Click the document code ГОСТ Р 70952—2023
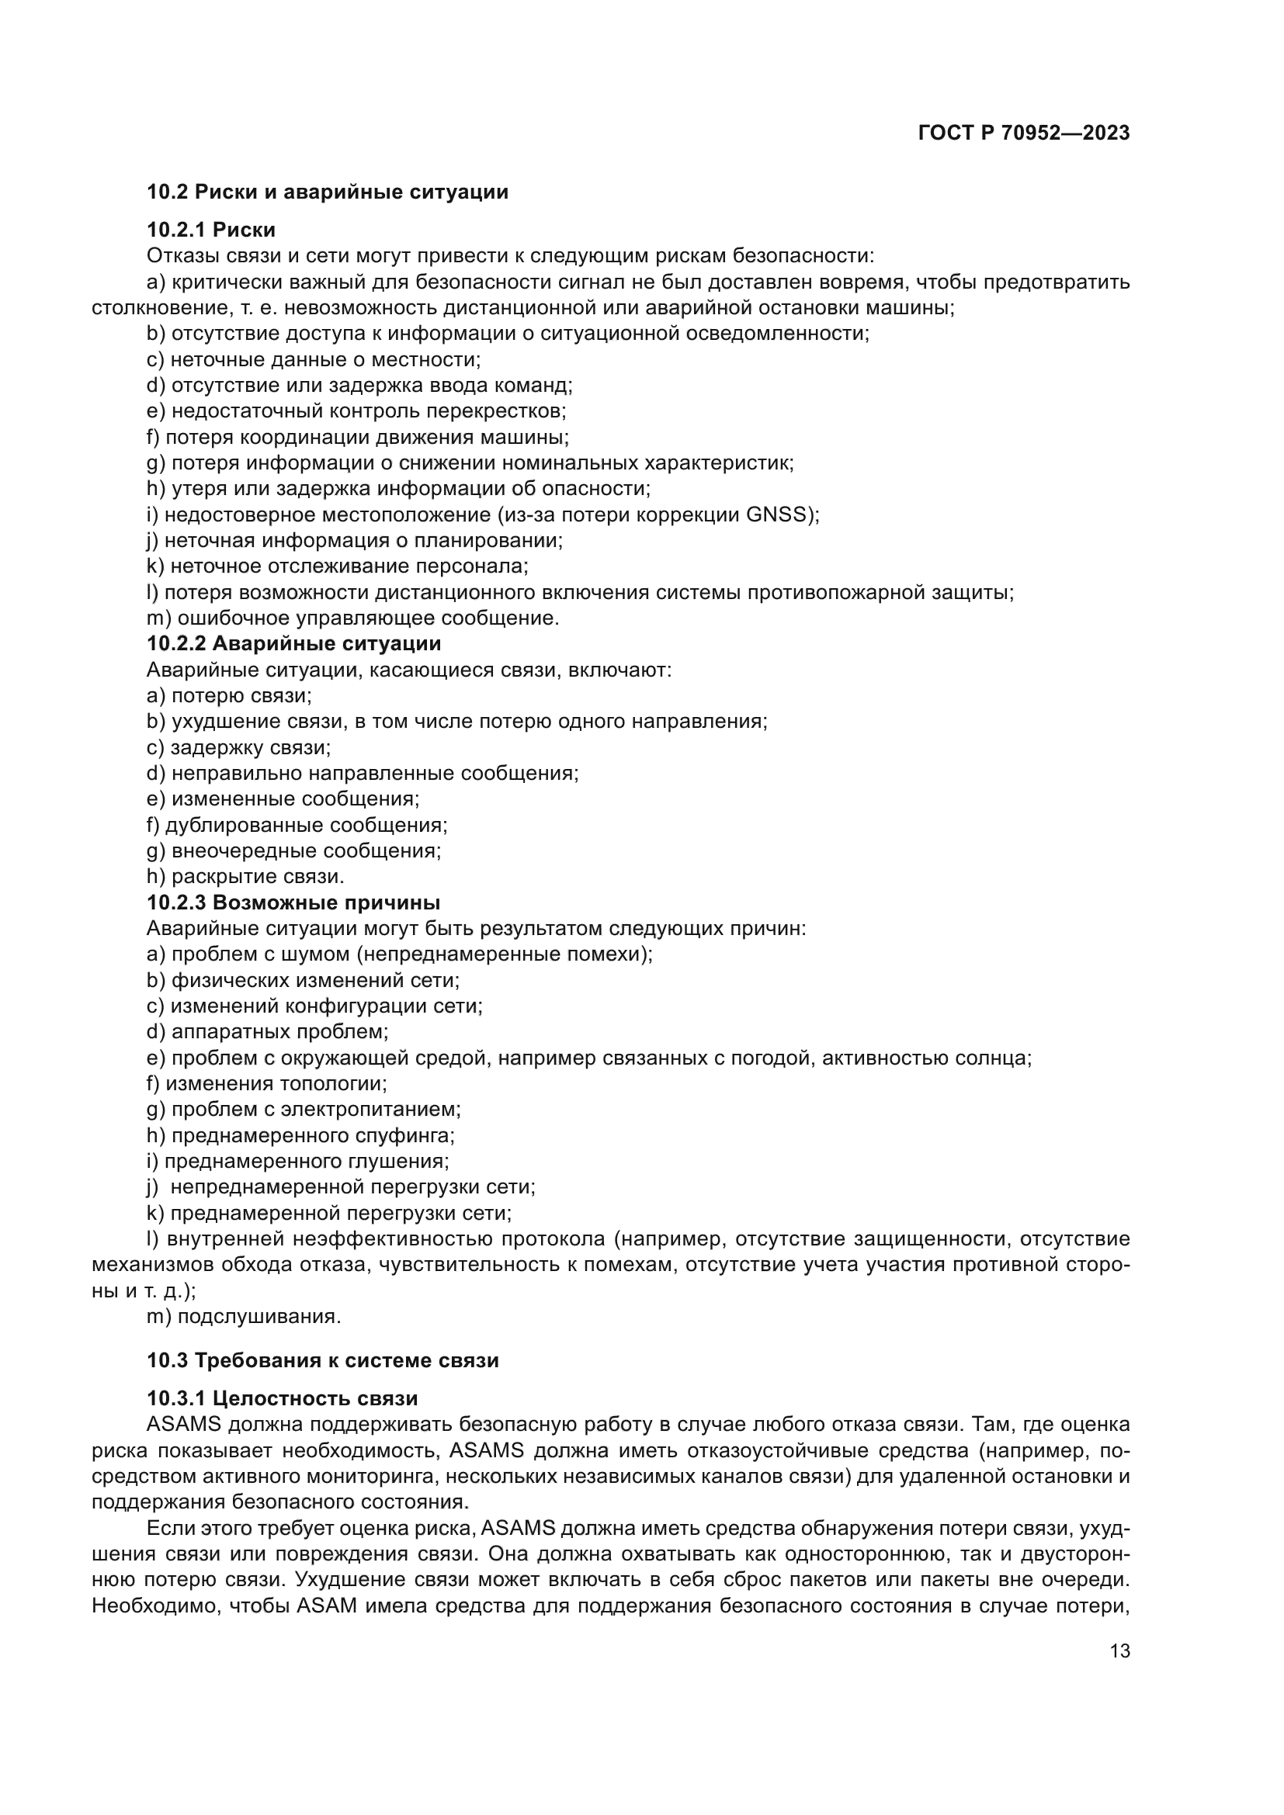(x=1024, y=133)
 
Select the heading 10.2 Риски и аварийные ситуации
(x=328, y=192)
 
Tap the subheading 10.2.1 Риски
(x=211, y=230)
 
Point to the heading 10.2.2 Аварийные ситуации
(x=293, y=643)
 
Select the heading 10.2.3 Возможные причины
(x=293, y=902)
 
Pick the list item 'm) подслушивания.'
(x=244, y=1317)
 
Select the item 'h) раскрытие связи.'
(x=245, y=877)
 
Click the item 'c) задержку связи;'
(x=239, y=748)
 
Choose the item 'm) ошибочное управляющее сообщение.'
(x=352, y=618)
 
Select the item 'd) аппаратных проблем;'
(x=267, y=1032)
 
